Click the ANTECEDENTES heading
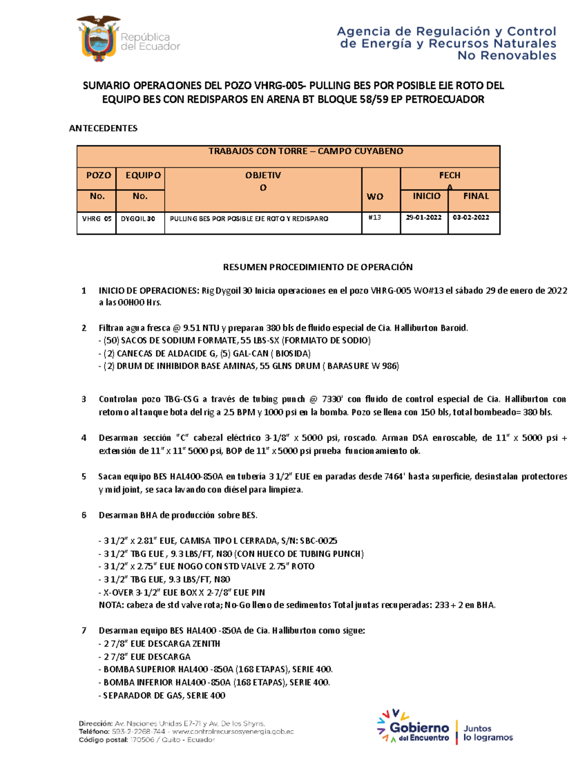[x=103, y=128]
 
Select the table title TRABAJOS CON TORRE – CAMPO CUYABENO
[x=306, y=151]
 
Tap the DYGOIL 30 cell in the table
[x=138, y=219]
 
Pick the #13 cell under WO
[x=375, y=217]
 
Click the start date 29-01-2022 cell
[x=424, y=217]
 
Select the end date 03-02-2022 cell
[x=471, y=217]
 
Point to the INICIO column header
[x=427, y=196]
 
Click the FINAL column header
[x=476, y=196]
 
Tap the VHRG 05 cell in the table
[x=96, y=219]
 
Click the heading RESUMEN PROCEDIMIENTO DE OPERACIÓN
[x=318, y=267]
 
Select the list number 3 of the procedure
[x=84, y=399]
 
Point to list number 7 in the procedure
[x=84, y=631]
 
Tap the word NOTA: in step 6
[x=112, y=605]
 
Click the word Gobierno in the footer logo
[x=419, y=728]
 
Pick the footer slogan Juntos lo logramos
[x=488, y=733]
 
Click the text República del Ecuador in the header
[x=150, y=42]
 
